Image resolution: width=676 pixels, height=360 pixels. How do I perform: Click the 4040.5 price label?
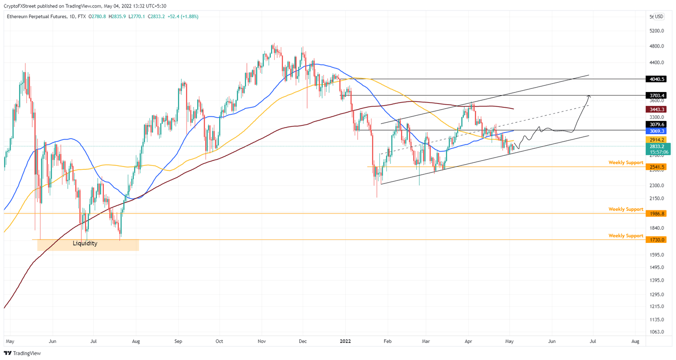click(656, 79)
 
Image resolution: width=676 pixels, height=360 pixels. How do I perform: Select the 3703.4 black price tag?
click(656, 96)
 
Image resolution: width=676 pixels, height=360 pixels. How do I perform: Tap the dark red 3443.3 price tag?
click(656, 109)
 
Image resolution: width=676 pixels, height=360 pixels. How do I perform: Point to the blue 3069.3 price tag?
click(656, 131)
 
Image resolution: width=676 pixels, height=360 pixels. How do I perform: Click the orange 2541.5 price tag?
click(656, 167)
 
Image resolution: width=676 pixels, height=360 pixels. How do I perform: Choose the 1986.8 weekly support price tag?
click(656, 213)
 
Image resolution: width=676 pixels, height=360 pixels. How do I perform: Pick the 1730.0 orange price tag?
click(656, 240)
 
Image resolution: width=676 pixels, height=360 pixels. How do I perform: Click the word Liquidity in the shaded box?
click(85, 243)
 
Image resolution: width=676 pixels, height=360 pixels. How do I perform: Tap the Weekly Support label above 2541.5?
click(625, 163)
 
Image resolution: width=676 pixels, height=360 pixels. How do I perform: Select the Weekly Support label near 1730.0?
click(625, 236)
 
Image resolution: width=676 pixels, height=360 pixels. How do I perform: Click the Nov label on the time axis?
click(262, 341)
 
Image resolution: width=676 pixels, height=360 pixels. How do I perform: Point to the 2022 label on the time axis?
click(345, 341)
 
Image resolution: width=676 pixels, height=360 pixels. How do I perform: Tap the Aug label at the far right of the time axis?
click(635, 341)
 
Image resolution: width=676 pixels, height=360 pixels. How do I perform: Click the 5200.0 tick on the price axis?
click(656, 31)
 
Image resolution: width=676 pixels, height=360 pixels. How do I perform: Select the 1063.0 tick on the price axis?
click(656, 332)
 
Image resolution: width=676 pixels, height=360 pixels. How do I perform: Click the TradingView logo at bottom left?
click(22, 353)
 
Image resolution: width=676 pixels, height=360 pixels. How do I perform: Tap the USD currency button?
click(659, 17)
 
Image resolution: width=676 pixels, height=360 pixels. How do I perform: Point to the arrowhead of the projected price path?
click(589, 96)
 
